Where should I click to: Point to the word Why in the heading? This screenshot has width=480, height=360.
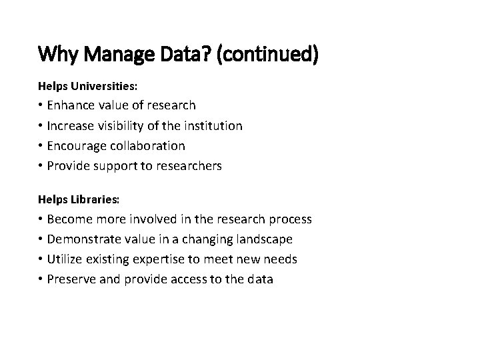point(55,54)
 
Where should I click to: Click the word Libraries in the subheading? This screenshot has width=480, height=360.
point(93,200)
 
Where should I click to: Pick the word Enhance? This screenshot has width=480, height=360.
point(71,105)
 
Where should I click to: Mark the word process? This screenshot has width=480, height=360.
point(289,219)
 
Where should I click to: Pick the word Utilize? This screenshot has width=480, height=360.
point(66,259)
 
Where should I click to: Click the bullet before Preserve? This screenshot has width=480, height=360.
point(41,279)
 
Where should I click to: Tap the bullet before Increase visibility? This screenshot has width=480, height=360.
point(41,125)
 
